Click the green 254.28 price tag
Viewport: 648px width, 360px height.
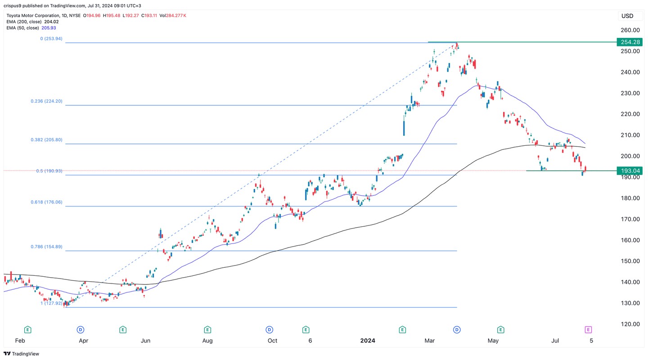pos(630,42)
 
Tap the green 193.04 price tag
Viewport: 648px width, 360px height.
pos(630,171)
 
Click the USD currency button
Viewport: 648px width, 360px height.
pos(627,16)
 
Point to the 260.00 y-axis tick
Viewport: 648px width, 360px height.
pos(630,30)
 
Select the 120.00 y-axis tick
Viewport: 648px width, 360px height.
pos(630,324)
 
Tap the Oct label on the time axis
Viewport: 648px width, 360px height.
pos(272,341)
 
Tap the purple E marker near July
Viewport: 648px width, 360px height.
pos(588,330)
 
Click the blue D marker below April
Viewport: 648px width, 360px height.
pos(81,330)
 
